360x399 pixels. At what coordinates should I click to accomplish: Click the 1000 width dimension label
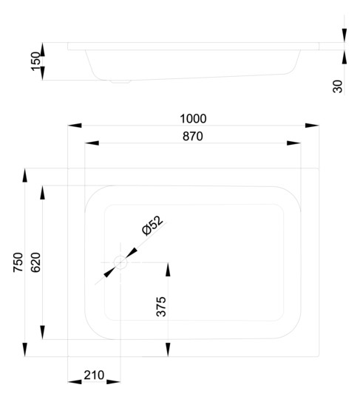pos(193,119)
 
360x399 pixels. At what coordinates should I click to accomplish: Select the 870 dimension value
pos(193,137)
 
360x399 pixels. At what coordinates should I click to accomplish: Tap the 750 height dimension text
pos(18,262)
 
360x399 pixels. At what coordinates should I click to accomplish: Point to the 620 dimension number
pos(35,262)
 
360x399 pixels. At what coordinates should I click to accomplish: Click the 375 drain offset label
pos(161,307)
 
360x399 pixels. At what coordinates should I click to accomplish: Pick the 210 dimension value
pos(94,375)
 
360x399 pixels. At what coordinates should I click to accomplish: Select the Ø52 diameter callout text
pos(152,225)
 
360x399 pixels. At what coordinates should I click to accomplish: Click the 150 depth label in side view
pos(35,61)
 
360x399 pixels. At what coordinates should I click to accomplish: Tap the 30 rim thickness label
pos(338,86)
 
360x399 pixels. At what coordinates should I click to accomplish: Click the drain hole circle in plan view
pos(120,262)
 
